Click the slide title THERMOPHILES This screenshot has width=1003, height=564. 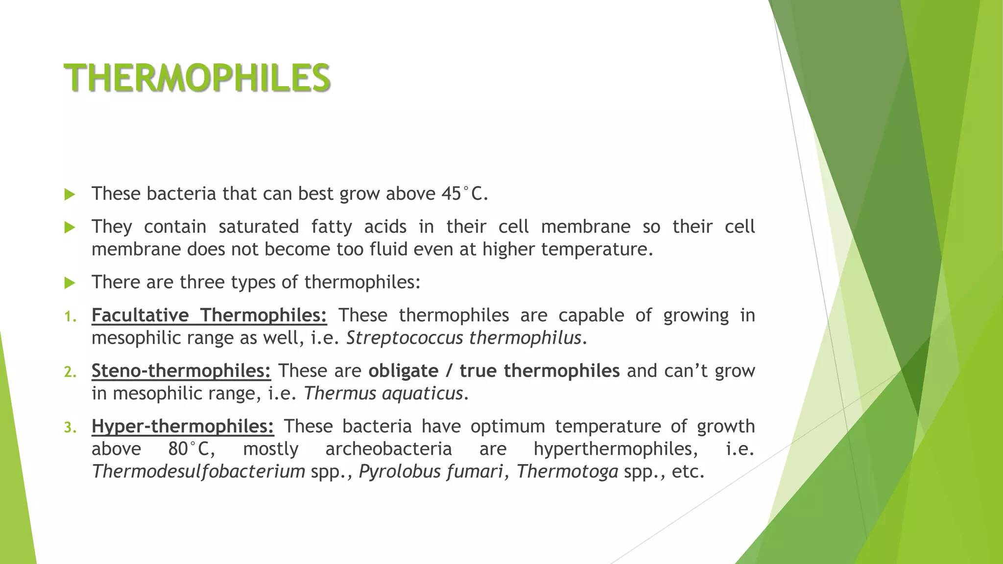(x=197, y=78)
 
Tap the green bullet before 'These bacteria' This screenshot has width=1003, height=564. (x=70, y=195)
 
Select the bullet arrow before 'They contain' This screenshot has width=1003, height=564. (x=70, y=228)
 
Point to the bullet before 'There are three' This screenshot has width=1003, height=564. (x=70, y=283)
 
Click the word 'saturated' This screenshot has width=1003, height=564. (x=258, y=227)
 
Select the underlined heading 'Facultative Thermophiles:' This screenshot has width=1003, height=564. (x=209, y=315)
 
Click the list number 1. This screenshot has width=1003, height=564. (x=70, y=317)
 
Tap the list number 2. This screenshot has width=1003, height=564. (x=70, y=372)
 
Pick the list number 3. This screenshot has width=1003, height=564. (x=70, y=428)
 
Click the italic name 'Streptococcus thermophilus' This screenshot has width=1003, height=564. (x=464, y=338)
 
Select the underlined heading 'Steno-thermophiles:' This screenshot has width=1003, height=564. (x=181, y=371)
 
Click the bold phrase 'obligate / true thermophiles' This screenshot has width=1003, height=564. (x=494, y=371)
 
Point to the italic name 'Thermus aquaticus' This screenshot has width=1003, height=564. (x=383, y=393)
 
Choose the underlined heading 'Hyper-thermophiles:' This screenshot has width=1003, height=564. (x=183, y=426)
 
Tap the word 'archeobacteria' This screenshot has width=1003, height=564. (x=388, y=449)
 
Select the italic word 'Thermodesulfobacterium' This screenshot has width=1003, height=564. (x=198, y=471)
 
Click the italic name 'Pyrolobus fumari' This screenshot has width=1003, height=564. (x=431, y=471)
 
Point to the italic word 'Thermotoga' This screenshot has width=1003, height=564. (x=567, y=471)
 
